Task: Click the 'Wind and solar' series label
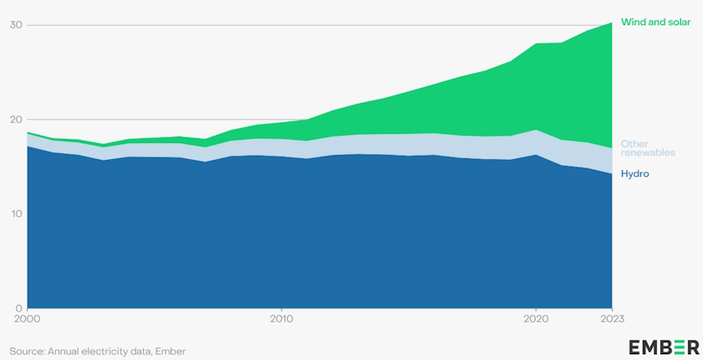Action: [655, 22]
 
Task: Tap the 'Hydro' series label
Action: [635, 173]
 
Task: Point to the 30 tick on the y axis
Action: [16, 25]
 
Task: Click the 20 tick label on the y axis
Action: [16, 120]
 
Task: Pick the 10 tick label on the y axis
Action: [16, 213]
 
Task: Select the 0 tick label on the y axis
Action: [19, 307]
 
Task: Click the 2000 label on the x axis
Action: [28, 318]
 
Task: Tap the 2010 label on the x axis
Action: [282, 318]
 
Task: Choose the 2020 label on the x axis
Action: [536, 318]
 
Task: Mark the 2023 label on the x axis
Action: [612, 318]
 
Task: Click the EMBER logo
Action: [664, 347]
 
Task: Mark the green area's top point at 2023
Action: [612, 23]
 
